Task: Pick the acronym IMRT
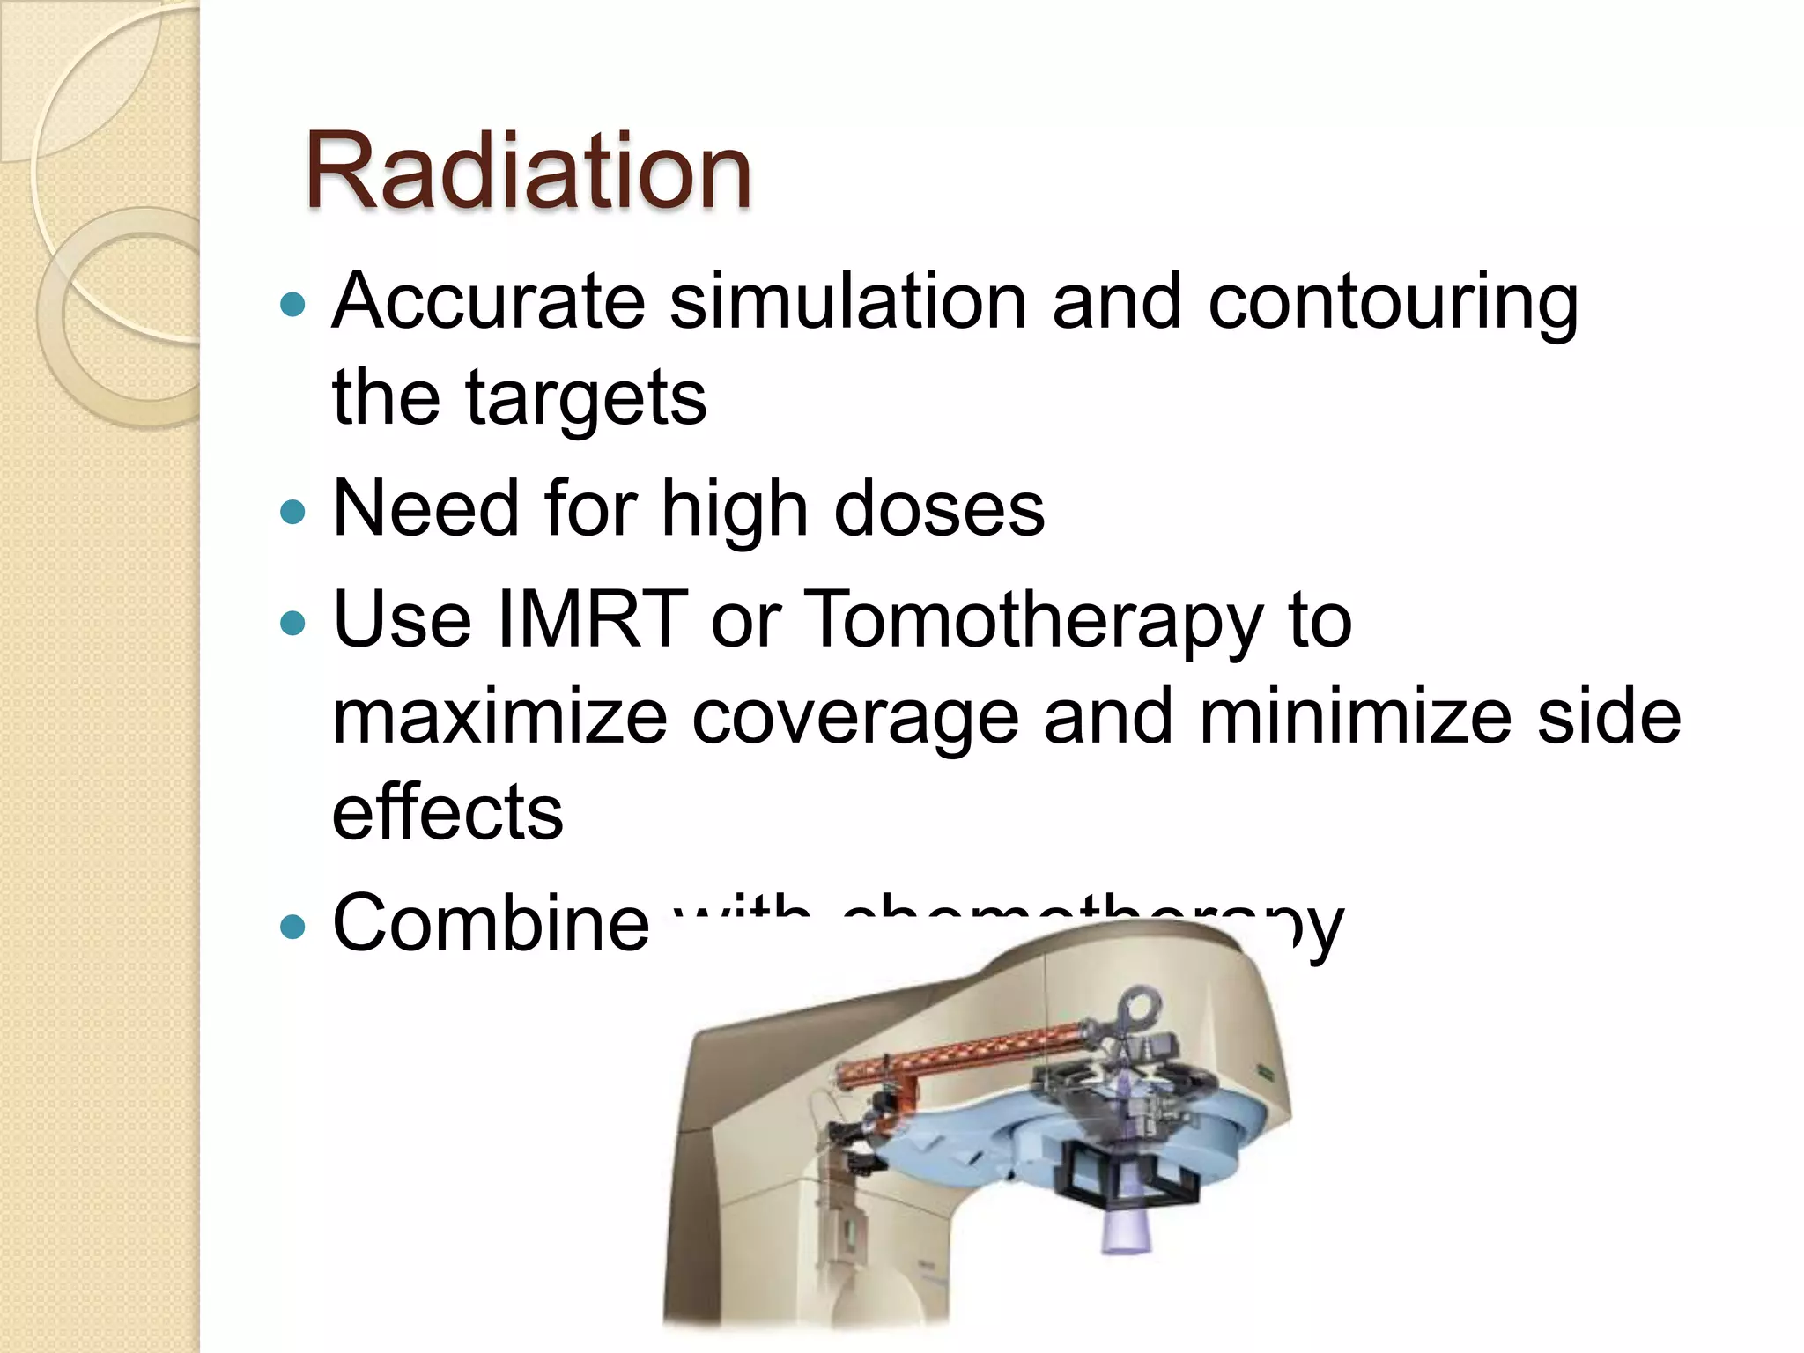pyautogui.click(x=592, y=619)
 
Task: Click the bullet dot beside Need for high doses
pyautogui.click(x=292, y=512)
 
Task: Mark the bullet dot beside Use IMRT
pyautogui.click(x=292, y=624)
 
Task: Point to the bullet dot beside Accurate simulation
pyautogui.click(x=292, y=305)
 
